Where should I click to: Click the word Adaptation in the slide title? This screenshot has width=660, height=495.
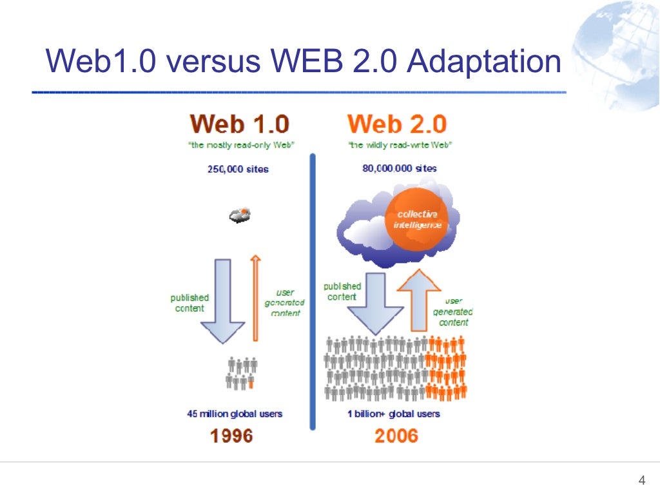tap(485, 63)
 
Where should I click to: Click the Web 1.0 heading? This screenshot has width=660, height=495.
tap(239, 124)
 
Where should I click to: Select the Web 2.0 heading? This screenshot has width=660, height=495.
tap(396, 124)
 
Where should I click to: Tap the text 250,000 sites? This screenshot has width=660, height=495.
tap(238, 169)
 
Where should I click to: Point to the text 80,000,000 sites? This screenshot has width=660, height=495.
tap(400, 168)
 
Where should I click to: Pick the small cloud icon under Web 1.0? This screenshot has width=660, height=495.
tap(240, 215)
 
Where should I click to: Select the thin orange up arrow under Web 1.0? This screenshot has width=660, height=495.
tap(255, 297)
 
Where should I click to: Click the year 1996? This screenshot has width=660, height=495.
tap(232, 436)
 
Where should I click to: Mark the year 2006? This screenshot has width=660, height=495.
tap(396, 436)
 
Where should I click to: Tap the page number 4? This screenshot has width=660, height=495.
tap(641, 480)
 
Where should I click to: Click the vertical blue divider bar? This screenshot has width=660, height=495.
tap(313, 290)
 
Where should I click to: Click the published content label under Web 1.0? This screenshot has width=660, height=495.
tap(189, 303)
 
